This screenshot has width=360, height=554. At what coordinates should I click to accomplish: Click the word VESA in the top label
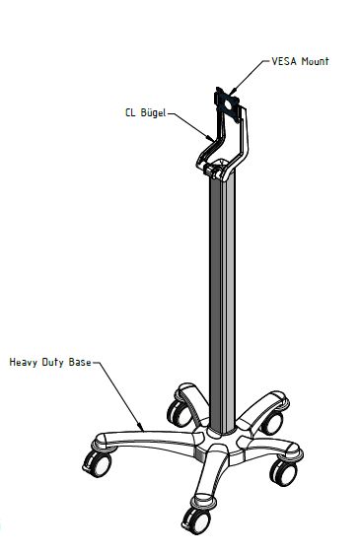(x=284, y=61)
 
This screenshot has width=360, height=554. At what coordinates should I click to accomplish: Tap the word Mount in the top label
(x=315, y=61)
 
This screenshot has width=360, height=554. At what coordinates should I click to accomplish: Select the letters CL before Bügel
(x=130, y=112)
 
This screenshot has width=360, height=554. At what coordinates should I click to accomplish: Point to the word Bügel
(x=153, y=112)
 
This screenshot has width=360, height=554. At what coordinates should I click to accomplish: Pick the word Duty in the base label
(x=53, y=363)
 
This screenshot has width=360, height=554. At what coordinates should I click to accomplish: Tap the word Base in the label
(x=80, y=363)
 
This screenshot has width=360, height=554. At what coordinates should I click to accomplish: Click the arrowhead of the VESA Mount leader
(x=232, y=93)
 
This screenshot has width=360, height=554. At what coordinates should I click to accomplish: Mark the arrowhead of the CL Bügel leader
(x=211, y=138)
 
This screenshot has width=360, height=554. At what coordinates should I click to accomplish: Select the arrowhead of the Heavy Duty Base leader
(x=141, y=427)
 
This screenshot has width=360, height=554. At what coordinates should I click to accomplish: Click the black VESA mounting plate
(x=227, y=104)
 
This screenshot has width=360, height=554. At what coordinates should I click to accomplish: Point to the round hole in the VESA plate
(x=228, y=104)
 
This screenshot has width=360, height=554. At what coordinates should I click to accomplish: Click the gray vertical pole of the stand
(x=222, y=304)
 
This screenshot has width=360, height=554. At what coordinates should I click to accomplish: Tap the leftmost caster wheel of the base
(x=98, y=464)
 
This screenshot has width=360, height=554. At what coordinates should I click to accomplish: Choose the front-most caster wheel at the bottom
(x=196, y=521)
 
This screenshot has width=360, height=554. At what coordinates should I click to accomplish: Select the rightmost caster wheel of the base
(x=283, y=473)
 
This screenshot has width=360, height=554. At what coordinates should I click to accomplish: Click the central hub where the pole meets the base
(x=221, y=443)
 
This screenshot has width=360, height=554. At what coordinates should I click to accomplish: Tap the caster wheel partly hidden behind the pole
(x=180, y=413)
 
